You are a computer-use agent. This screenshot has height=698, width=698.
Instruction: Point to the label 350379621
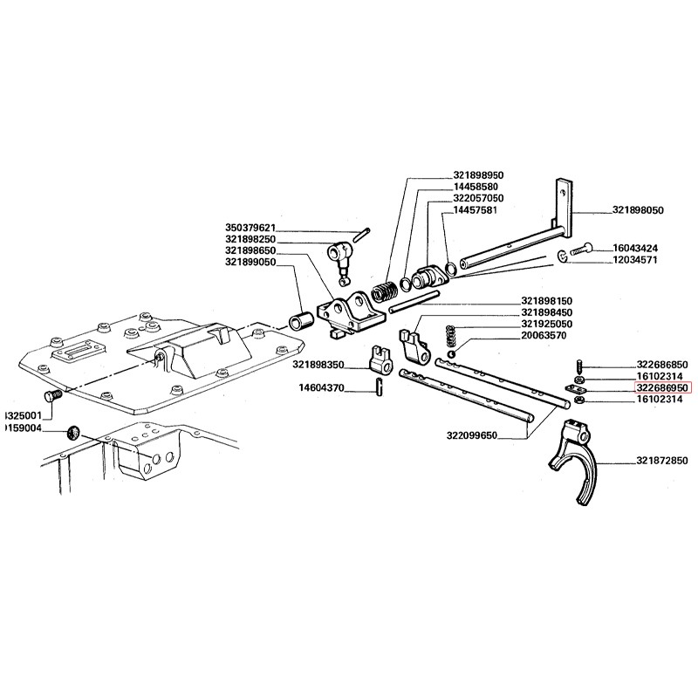pyautogui.click(x=250, y=228)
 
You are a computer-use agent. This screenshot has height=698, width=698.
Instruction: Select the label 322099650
pyautogui.click(x=471, y=434)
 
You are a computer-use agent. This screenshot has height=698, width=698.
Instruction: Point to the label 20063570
pyautogui.click(x=547, y=335)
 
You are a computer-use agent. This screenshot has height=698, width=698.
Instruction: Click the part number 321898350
pyautogui.click(x=318, y=364)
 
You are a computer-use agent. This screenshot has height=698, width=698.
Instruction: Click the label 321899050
pyautogui.click(x=250, y=262)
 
